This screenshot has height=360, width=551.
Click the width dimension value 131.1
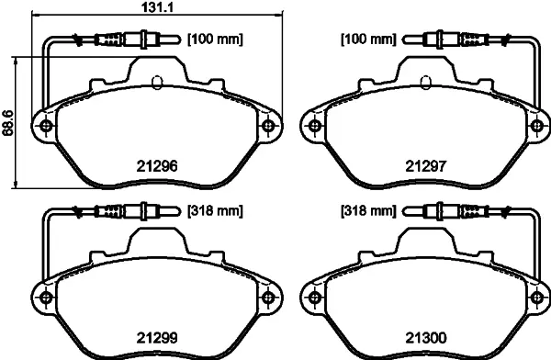(x=158, y=7)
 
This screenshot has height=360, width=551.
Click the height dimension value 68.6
(x=7, y=123)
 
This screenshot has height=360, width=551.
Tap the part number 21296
(x=157, y=166)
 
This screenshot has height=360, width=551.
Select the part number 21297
(x=426, y=166)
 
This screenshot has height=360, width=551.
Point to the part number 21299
(x=157, y=338)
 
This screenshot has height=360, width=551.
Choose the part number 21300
(x=426, y=338)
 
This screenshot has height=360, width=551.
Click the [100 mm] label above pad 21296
(x=215, y=39)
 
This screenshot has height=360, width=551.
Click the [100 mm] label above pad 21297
(x=368, y=39)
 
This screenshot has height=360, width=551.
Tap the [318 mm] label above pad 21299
(x=215, y=210)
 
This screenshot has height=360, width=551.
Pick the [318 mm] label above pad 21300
(x=368, y=210)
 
